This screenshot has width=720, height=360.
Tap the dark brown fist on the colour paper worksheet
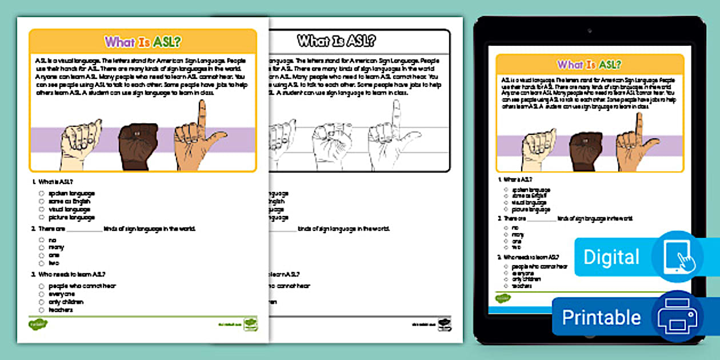coord(138,146)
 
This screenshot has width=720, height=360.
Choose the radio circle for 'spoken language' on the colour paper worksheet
coord(42,194)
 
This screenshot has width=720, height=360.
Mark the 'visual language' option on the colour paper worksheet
coord(42,210)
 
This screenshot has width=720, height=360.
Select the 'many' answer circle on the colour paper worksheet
coord(42,247)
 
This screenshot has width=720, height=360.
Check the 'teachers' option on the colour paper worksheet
coord(42,310)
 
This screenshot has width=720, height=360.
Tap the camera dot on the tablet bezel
coord(589,29)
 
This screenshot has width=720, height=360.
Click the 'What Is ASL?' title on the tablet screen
coord(589,65)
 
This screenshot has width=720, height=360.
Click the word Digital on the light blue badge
coord(611,257)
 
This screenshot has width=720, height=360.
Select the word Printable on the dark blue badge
coord(601,317)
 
